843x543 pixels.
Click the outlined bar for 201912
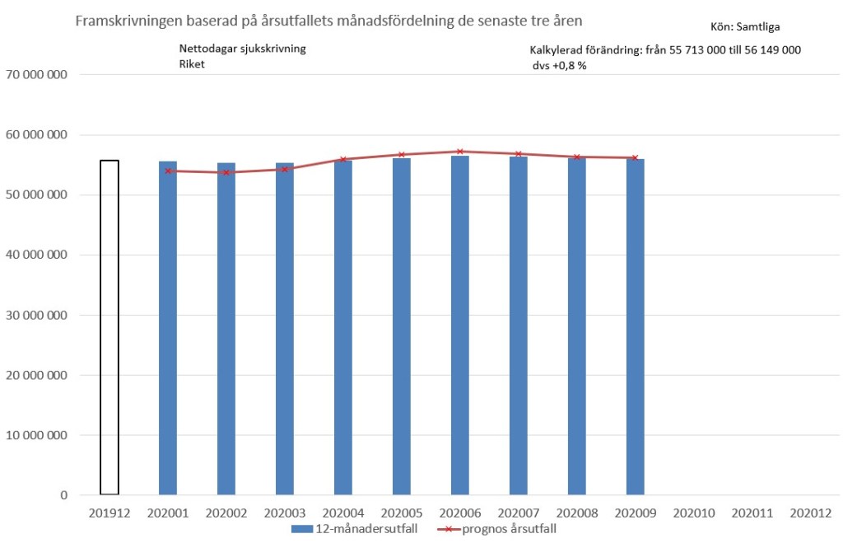click(109, 328)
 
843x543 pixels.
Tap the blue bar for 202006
click(460, 325)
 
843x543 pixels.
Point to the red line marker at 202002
click(226, 172)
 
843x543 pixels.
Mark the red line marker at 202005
click(402, 155)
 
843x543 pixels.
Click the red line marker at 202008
click(577, 157)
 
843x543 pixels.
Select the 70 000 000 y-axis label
click(36, 75)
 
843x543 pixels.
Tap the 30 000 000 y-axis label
click(36, 316)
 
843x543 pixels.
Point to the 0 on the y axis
click(63, 495)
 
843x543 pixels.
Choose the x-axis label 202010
click(693, 513)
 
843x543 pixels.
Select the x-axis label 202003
click(285, 513)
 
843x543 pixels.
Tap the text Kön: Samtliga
click(746, 26)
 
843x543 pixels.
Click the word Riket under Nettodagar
click(192, 63)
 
